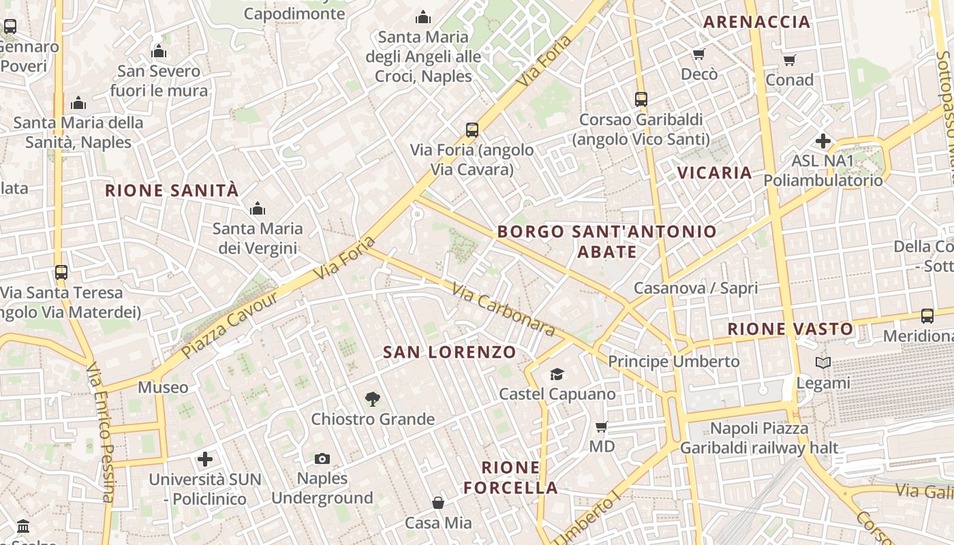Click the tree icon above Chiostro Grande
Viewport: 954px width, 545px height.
pyautogui.click(x=372, y=399)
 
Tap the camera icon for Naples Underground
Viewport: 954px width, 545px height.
pyautogui.click(x=322, y=458)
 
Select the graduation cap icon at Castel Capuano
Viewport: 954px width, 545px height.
pyautogui.click(x=557, y=374)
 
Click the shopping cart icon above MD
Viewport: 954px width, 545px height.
pyautogui.click(x=601, y=426)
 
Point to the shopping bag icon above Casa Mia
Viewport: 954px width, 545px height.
pyautogui.click(x=438, y=503)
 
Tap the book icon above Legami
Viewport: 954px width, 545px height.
pyautogui.click(x=823, y=363)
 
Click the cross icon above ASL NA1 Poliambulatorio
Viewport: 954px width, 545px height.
pyautogui.click(x=823, y=141)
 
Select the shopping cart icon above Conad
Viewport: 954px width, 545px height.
pyautogui.click(x=789, y=60)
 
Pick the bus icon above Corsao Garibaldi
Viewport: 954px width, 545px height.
pyautogui.click(x=641, y=99)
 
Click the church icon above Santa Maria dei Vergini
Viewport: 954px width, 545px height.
pyautogui.click(x=258, y=208)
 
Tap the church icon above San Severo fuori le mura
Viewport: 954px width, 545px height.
pyautogui.click(x=159, y=51)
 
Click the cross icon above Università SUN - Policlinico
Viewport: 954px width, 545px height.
pyautogui.click(x=204, y=459)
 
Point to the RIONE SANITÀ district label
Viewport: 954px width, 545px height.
pyautogui.click(x=172, y=191)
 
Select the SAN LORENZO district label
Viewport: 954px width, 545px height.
pyautogui.click(x=449, y=352)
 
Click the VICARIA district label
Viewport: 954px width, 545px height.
pyautogui.click(x=714, y=172)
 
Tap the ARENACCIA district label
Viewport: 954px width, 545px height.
pyautogui.click(x=756, y=22)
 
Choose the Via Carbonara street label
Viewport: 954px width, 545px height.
pyautogui.click(x=503, y=309)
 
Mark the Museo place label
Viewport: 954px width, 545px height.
pyautogui.click(x=163, y=388)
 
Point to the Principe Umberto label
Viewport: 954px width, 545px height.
pyautogui.click(x=673, y=361)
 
